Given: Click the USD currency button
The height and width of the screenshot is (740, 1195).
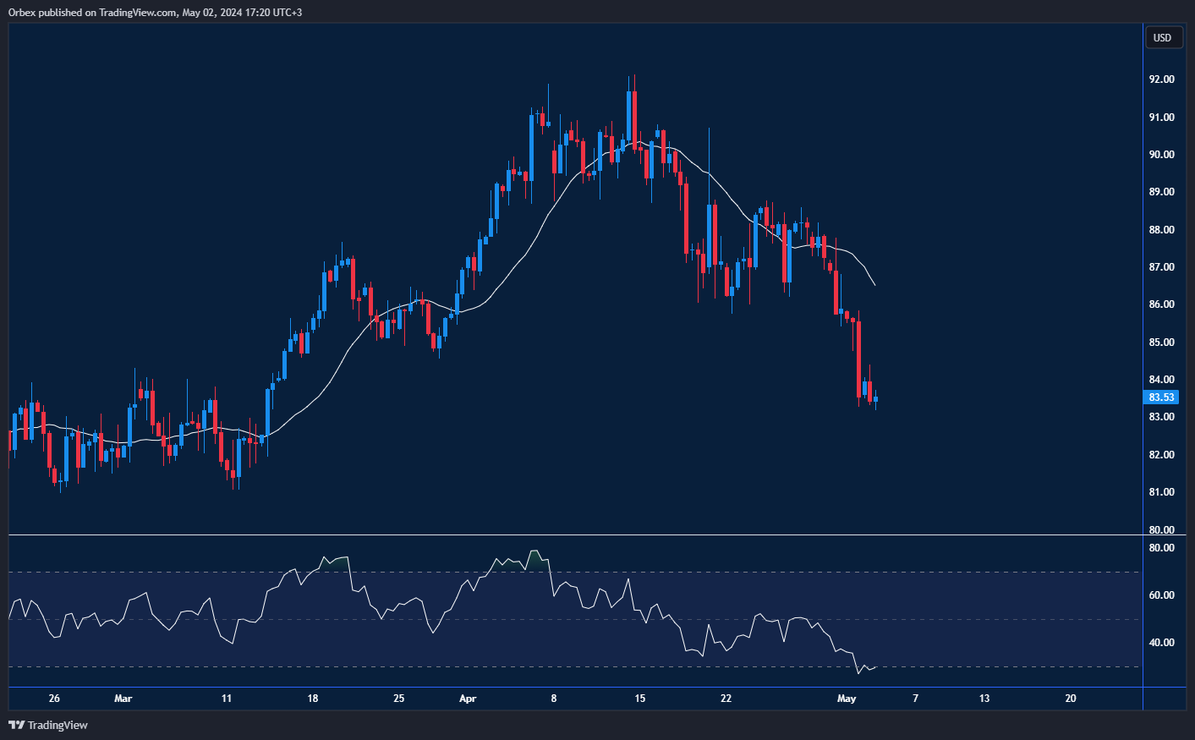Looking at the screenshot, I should click(x=1163, y=37).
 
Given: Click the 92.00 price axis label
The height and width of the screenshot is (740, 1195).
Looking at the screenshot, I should click(x=1161, y=79).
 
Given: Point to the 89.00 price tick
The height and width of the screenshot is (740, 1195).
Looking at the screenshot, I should click(x=1161, y=192).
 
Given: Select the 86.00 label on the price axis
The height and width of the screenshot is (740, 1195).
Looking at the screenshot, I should click(x=1161, y=304).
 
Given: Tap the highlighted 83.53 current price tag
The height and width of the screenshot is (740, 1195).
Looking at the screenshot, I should click(x=1161, y=397).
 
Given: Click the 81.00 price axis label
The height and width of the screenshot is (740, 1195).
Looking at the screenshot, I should click(x=1161, y=492).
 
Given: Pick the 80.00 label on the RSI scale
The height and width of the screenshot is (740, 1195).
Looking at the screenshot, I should click(x=1161, y=548).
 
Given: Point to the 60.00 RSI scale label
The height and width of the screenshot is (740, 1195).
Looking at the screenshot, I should click(x=1161, y=595).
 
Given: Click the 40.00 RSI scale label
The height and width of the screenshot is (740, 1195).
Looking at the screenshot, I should click(x=1161, y=643).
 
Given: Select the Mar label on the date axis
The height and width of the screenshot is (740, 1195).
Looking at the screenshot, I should click(x=123, y=699).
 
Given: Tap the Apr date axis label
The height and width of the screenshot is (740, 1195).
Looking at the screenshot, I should click(x=468, y=699).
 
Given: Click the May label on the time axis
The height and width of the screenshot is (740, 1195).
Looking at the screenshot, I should click(x=847, y=699).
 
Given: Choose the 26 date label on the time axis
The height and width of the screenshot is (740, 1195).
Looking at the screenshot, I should click(x=54, y=699).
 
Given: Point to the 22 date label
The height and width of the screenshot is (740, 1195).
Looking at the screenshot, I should click(x=726, y=699).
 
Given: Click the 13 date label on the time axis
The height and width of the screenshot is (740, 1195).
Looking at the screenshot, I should click(x=984, y=699).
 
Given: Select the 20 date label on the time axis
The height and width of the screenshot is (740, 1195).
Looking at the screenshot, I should click(x=1071, y=699).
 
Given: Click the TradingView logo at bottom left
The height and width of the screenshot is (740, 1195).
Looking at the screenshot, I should click(x=48, y=725).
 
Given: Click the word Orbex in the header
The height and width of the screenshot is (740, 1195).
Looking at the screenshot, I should click(x=22, y=13).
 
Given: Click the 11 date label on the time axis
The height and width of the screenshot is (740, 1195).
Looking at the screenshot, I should click(x=227, y=699).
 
